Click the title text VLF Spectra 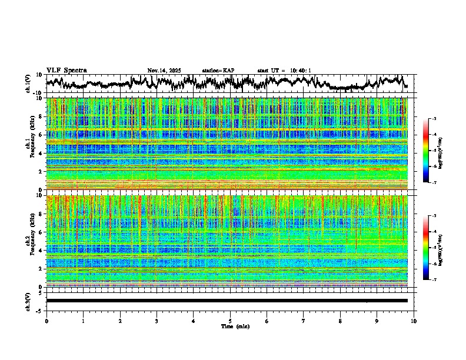66,70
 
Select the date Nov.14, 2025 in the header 164,71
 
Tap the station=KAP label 218,71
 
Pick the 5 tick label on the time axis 230,321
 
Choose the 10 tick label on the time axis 414,321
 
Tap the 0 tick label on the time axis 46,321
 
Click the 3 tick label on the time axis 157,321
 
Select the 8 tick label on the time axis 340,321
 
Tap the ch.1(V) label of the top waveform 29,84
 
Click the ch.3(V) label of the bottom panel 29,301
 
